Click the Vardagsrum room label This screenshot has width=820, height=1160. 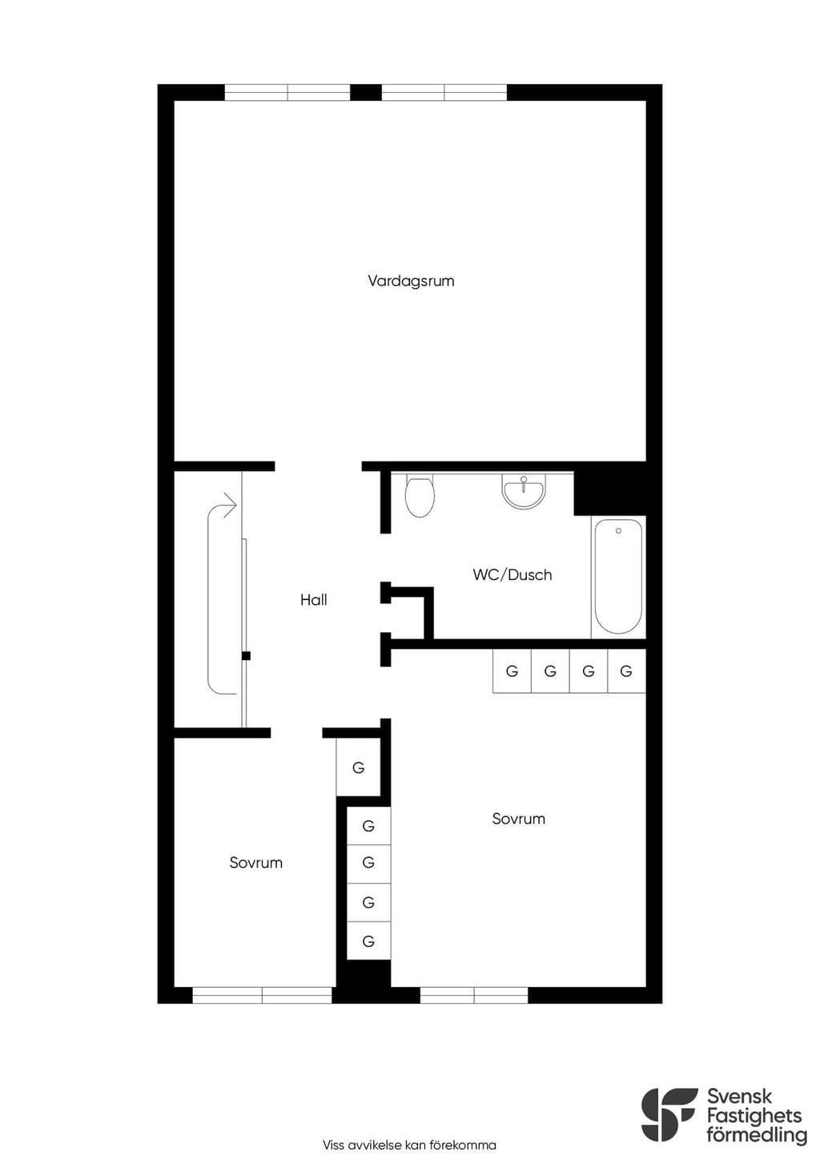coord(411,281)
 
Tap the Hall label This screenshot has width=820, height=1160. coord(314,600)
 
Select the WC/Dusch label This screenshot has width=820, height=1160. coord(512,575)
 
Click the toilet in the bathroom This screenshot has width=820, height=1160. coord(420,496)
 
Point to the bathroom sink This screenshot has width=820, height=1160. coord(524,489)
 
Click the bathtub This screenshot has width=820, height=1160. coord(619,576)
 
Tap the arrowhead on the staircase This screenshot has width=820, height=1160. coord(230,504)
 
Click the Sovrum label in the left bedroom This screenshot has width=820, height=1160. coord(255,863)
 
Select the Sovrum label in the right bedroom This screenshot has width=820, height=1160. coord(519,819)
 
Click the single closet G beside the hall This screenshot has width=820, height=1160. coord(358,767)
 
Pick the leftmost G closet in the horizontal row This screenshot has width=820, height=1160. coord(512,671)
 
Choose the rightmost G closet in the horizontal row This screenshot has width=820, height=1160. coord(626,671)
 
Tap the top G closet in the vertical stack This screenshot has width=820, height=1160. coord(368,825)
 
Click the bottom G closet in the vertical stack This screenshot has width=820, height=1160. coord(368,941)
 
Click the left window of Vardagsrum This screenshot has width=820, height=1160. coord(287,92)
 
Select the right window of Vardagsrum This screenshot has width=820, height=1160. coord(444,92)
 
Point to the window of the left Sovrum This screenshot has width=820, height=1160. coord(262,995)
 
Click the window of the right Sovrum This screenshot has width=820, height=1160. coord(474,995)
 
